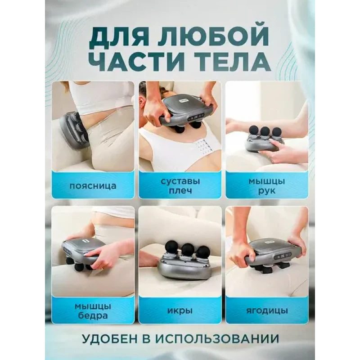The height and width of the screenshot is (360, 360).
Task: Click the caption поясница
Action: pos(93,186)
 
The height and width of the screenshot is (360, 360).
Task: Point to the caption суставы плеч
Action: pos(180,186)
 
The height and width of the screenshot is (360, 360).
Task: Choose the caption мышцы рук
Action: pos(267,186)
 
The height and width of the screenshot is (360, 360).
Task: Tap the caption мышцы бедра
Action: pos(93,311)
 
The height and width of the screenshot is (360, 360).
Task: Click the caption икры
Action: pos(180,311)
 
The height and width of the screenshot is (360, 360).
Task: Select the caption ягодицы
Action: pos(267,311)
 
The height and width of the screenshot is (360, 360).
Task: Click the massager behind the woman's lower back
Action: pos(74,129)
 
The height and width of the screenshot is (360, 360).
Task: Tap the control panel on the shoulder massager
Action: pos(196,117)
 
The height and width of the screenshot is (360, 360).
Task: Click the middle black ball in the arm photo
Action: pos(265,131)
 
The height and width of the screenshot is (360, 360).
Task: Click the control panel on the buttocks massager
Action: pos(283,256)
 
